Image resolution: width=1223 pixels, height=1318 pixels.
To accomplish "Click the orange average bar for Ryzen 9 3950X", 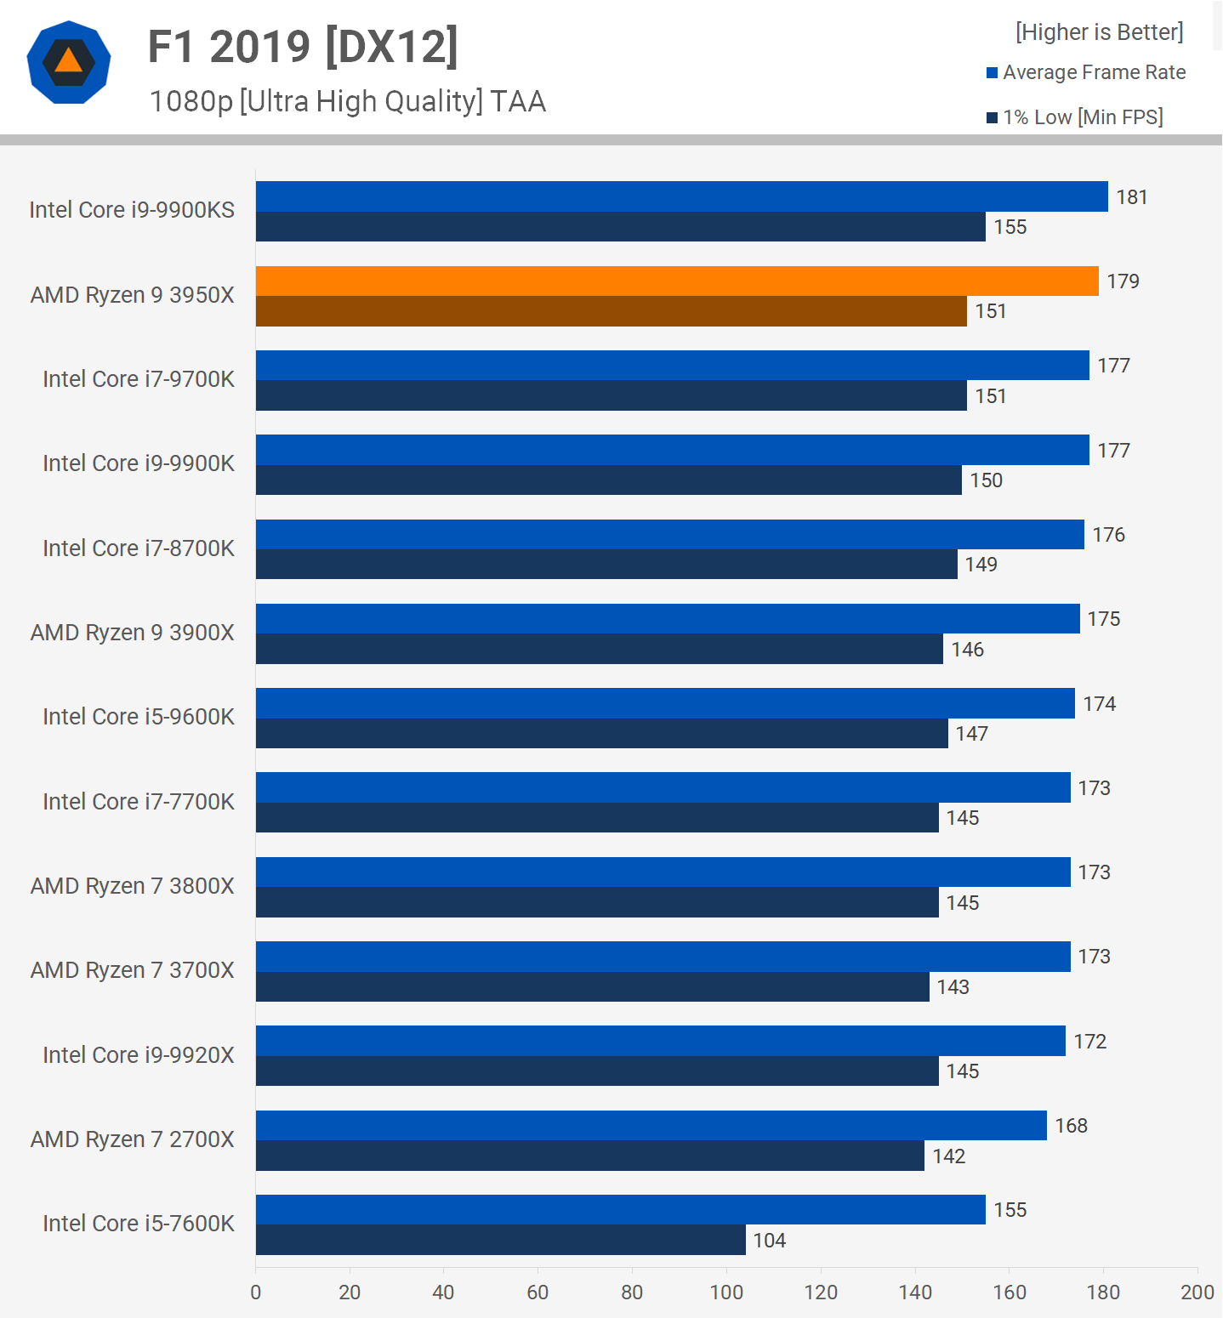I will point(677,281).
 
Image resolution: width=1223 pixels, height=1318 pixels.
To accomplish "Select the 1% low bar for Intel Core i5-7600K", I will point(500,1240).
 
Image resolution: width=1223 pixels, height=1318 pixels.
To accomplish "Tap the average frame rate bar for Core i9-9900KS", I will point(681,196).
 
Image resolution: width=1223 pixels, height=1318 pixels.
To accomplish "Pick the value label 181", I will point(1132,197).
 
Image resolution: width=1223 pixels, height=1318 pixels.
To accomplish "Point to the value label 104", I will point(770,1241).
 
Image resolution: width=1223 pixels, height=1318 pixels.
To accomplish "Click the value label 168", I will point(1071,1126).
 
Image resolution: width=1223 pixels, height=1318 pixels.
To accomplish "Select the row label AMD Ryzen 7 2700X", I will point(133,1139).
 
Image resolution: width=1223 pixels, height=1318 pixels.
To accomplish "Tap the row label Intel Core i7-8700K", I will point(139,548).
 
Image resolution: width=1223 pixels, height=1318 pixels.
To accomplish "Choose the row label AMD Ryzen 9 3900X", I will point(133,633).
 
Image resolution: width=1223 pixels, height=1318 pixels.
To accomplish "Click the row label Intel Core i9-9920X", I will point(139,1055).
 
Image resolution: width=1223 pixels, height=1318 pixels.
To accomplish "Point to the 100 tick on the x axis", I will point(726,1292).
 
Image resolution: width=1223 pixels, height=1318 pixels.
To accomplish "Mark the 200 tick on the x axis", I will point(1197,1292).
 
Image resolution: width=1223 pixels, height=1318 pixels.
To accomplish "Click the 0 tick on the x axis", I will point(256,1292).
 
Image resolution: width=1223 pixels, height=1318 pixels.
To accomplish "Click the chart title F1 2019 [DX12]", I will point(303,47).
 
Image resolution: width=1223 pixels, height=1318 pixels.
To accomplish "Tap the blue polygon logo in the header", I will point(69,63).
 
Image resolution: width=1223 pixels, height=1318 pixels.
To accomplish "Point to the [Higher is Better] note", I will point(1099,32).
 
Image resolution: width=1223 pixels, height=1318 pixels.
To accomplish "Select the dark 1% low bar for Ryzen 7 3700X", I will point(592,986).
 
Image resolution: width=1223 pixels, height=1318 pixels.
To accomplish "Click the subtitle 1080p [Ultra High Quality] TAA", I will point(347,102).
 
